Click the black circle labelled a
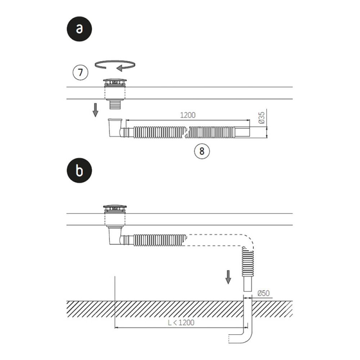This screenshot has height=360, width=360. pyautogui.click(x=79, y=29)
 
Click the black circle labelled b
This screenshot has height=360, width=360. pyautogui.click(x=79, y=170)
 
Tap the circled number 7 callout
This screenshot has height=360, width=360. pyautogui.click(x=80, y=73)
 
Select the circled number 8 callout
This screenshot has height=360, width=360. pyautogui.click(x=202, y=151)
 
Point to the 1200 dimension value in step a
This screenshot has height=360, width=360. pyautogui.click(x=188, y=115)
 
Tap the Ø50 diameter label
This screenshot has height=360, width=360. pyautogui.click(x=264, y=293)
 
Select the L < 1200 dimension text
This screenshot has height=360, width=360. pyautogui.click(x=181, y=323)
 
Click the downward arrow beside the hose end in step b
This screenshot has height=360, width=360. pyautogui.click(x=228, y=277)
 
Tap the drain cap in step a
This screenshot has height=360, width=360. pyautogui.click(x=115, y=81)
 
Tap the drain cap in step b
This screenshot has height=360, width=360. pyautogui.click(x=115, y=208)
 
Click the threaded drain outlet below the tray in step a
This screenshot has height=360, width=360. pyautogui.click(x=115, y=105)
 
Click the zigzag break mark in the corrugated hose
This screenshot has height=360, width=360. pyautogui.click(x=186, y=132)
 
